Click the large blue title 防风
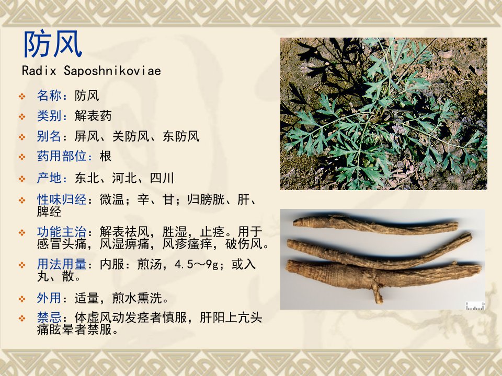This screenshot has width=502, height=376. click(53, 44)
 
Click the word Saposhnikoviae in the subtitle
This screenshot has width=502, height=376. click(112, 70)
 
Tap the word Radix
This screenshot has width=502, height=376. click(39, 70)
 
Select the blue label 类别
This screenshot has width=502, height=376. click(49, 116)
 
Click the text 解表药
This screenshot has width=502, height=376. click(93, 116)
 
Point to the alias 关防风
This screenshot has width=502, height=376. click(131, 136)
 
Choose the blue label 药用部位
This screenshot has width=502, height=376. click(62, 156)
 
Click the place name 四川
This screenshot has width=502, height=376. click(162, 178)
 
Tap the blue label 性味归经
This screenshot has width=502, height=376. click(62, 199)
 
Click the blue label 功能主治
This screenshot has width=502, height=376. click(62, 231)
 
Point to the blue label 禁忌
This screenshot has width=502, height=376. click(49, 318)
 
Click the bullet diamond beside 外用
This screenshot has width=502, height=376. click(22, 299)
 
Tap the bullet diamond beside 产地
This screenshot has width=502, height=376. click(22, 179)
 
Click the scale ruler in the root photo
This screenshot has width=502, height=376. click(475, 306)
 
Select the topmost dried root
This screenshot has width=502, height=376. click(375, 225)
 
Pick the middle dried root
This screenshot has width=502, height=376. click(380, 251)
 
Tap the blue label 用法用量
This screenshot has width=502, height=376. click(62, 264)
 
